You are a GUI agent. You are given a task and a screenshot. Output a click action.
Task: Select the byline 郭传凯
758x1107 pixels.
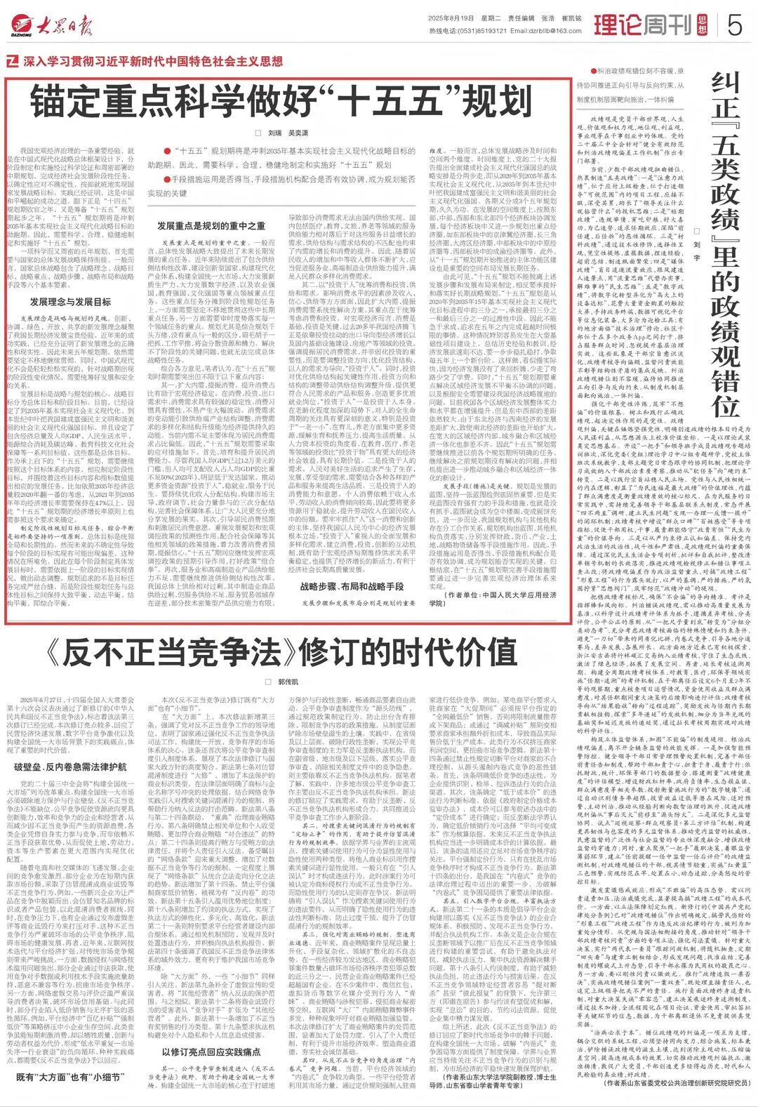pyautogui.click(x=284, y=682)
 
